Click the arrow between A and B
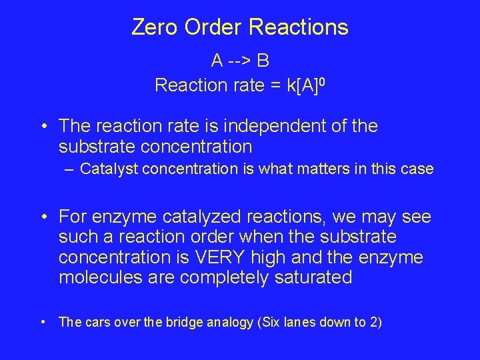tap(240, 61)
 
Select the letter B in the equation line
tap(263, 61)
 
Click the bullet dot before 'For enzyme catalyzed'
tap(43, 217)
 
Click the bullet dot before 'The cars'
tap(43, 322)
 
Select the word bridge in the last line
tap(203, 322)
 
